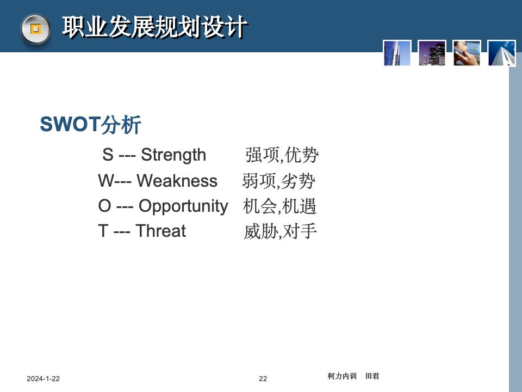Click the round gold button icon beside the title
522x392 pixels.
pyautogui.click(x=35, y=29)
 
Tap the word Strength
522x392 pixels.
pyautogui.click(x=173, y=155)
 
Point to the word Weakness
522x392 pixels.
pyautogui.click(x=177, y=181)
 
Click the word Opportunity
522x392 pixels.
pyautogui.click(x=183, y=206)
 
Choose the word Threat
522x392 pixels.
pyautogui.click(x=160, y=231)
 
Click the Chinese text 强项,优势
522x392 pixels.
pyautogui.click(x=281, y=156)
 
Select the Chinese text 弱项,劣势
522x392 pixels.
pyautogui.click(x=279, y=181)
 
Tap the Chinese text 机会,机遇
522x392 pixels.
pyautogui.click(x=279, y=206)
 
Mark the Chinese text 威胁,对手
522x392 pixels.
pyautogui.click(x=280, y=232)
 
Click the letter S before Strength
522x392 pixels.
pyautogui.click(x=108, y=155)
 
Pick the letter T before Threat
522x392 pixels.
pyautogui.click(x=103, y=231)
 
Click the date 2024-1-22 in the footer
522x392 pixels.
pyautogui.click(x=43, y=379)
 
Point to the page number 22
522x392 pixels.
pyautogui.click(x=263, y=379)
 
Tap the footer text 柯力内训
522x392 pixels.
pyautogui.click(x=342, y=376)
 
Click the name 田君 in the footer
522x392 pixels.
pyautogui.click(x=372, y=376)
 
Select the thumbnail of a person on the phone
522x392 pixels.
pyautogui.click(x=467, y=53)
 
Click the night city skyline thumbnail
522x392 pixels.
pyautogui.click(x=432, y=53)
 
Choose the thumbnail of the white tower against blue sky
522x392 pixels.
pyautogui.click(x=501, y=53)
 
